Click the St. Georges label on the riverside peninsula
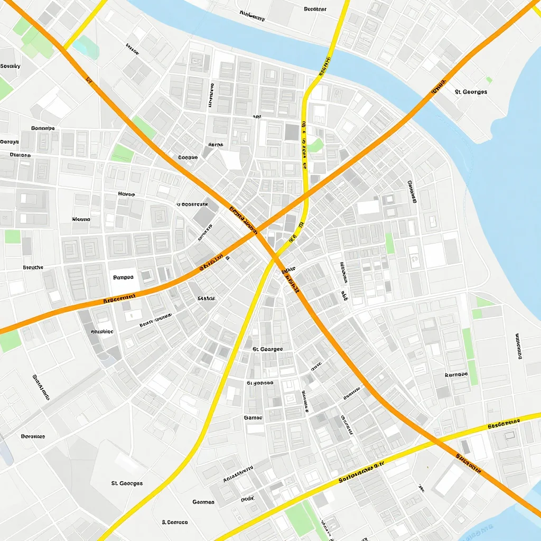pos(471,91)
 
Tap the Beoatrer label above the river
pos(315,9)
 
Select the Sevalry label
pos(10,66)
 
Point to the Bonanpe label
pos(43,128)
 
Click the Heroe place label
pos(126,194)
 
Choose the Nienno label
pos(81,219)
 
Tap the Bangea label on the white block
pos(123,277)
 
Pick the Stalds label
pos(207,299)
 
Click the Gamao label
pos(253,417)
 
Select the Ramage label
pos(456,375)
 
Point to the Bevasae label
pos(33,436)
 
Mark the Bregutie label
pos(33,267)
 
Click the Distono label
pos(20,155)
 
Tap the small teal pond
pos(86,48)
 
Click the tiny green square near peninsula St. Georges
pos(489,80)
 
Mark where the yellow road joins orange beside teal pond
pos(64,48)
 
